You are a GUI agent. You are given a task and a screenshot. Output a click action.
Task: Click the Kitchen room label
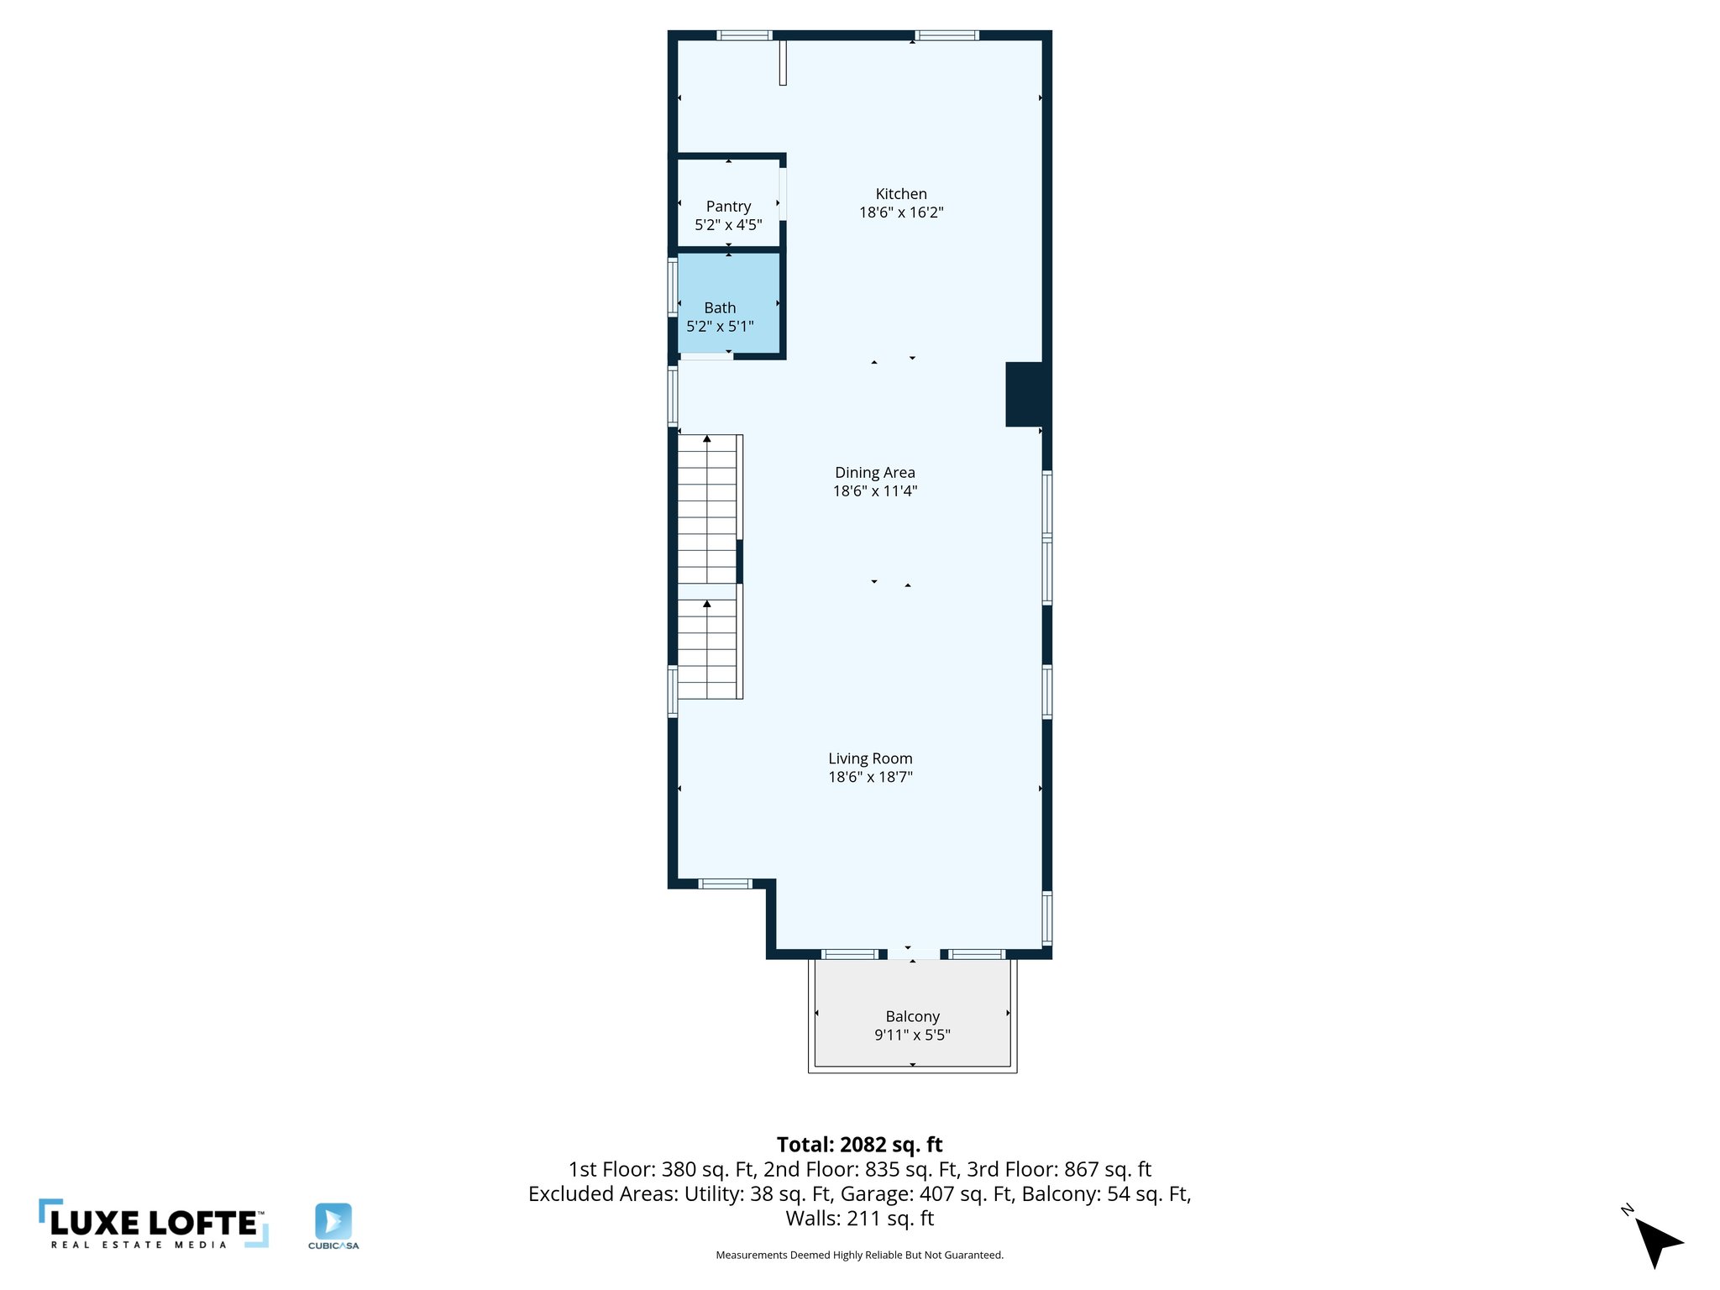point(900,194)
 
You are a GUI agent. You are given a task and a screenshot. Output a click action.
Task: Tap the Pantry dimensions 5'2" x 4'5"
point(728,225)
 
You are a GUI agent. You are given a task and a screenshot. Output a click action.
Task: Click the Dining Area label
point(874,473)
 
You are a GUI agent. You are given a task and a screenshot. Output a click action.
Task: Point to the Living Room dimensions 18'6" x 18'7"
point(870,777)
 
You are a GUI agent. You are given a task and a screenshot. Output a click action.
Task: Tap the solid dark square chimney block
point(1025,394)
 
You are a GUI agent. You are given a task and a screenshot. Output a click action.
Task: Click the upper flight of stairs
point(707,508)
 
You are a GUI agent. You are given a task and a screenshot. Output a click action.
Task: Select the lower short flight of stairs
point(707,649)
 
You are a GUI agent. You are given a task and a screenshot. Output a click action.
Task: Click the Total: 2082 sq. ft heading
point(859,1145)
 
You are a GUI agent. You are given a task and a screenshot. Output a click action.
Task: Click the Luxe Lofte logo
point(153,1224)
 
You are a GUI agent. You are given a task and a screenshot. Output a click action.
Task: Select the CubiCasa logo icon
point(333,1221)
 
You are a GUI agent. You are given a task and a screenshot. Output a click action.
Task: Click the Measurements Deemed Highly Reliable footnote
point(859,1255)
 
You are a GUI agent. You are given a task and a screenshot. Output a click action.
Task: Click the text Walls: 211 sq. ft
point(859,1218)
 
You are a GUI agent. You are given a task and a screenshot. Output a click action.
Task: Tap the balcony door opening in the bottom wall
point(913,954)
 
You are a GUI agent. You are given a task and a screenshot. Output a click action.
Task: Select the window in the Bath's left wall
point(673,286)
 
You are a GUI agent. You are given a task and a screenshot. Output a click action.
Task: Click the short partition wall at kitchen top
point(782,63)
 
